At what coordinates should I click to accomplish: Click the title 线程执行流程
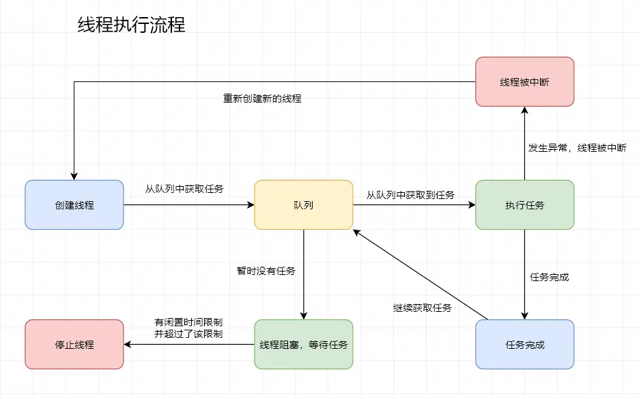coord(131,25)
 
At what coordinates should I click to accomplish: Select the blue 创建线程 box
coord(74,204)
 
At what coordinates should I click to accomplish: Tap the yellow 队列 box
coord(304,204)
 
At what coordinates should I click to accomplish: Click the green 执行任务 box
coord(525,204)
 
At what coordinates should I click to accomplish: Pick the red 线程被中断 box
coord(525,81)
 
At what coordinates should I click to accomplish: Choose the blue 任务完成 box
coord(525,345)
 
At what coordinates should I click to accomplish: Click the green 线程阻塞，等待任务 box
coord(304,345)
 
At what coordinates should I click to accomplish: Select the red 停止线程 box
coord(74,345)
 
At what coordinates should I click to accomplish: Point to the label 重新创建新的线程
coord(262,98)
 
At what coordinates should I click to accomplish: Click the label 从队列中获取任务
coord(184,189)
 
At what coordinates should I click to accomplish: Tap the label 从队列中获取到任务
coord(410,195)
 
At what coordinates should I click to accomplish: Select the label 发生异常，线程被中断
coord(578,148)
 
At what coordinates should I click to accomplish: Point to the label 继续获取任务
coord(423,308)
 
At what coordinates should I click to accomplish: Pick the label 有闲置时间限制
coord(188,321)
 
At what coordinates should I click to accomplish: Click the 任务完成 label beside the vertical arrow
coord(550,278)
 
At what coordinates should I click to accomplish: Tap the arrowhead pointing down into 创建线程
coord(74,176)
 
